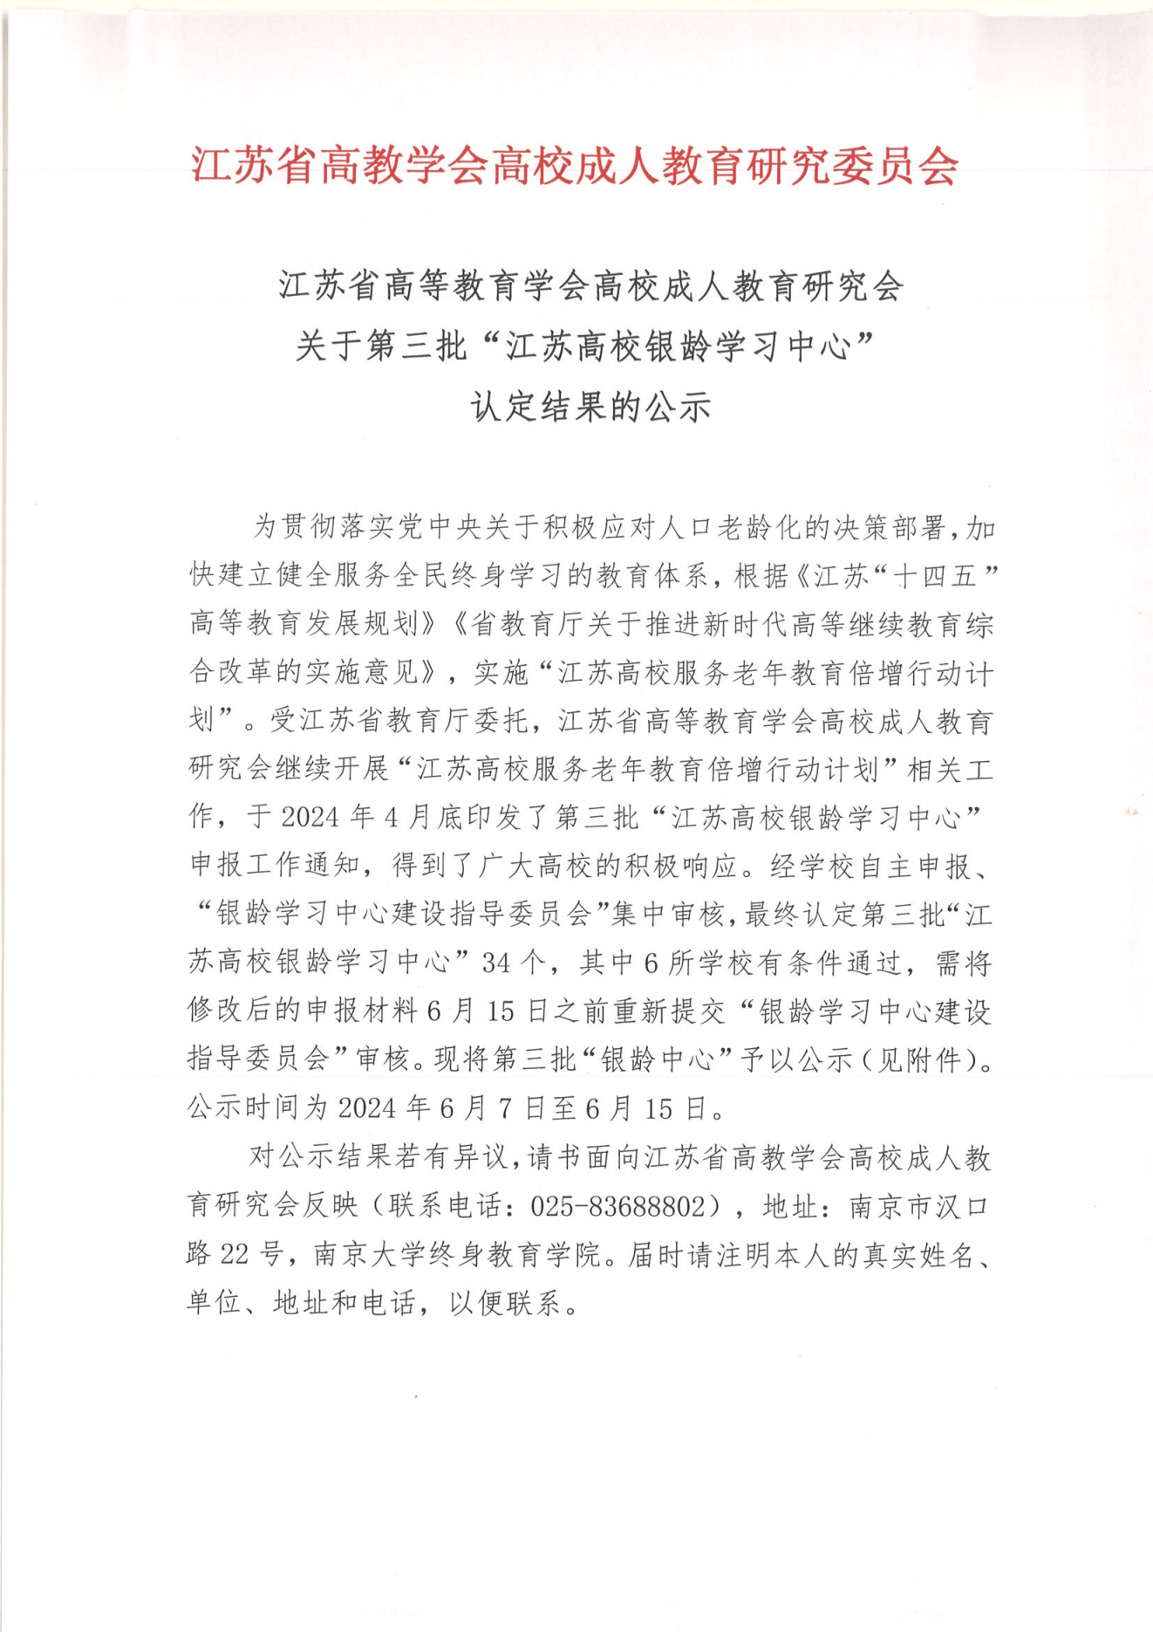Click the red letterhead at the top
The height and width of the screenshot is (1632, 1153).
pos(576,165)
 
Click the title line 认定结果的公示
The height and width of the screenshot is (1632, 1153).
pos(590,407)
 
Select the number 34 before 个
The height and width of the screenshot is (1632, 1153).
pos(496,963)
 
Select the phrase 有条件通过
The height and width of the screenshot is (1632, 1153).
pos(828,963)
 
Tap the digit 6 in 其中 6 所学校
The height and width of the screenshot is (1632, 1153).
pos(650,963)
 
